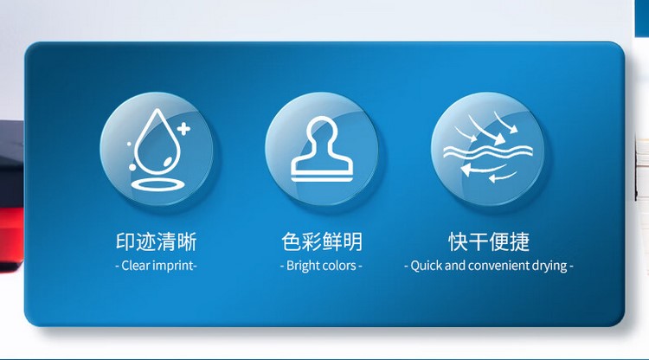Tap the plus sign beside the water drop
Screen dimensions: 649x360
click(x=183, y=129)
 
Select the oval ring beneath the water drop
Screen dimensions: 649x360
click(x=157, y=184)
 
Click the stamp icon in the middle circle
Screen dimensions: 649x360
click(x=322, y=149)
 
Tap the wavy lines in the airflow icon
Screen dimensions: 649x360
click(x=487, y=152)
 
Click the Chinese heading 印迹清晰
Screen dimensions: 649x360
click(x=156, y=241)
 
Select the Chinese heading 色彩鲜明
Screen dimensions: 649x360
click(x=322, y=241)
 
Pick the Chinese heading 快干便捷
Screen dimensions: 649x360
click(x=489, y=241)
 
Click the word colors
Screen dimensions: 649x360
click(x=338, y=266)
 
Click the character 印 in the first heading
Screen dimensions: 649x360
click(x=125, y=241)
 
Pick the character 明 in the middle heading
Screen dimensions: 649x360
click(x=353, y=241)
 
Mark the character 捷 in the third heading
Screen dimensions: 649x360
click(x=520, y=241)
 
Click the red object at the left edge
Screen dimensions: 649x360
click(x=11, y=239)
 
